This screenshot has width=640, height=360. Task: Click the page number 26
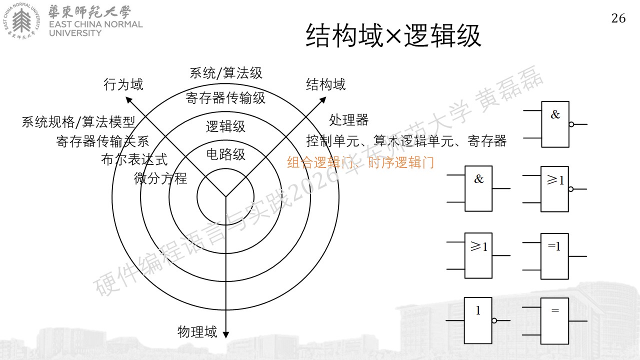pyautogui.click(x=618, y=18)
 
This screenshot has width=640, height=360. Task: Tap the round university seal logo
pyautogui.click(x=21, y=20)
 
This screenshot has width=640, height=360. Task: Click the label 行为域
pyautogui.click(x=123, y=84)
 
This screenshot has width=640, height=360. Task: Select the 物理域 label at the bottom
pyautogui.click(x=197, y=332)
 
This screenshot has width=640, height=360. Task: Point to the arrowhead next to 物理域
pyautogui.click(x=225, y=335)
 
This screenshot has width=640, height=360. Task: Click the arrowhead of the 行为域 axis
pyautogui.click(x=128, y=99)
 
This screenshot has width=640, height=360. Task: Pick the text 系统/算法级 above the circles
pyautogui.click(x=225, y=73)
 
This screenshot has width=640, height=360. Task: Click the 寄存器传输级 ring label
pyautogui.click(x=225, y=98)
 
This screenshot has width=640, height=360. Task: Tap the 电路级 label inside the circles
pyautogui.click(x=225, y=154)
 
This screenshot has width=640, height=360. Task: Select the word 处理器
pyautogui.click(x=349, y=119)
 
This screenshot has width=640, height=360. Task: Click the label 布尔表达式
pyautogui.click(x=134, y=159)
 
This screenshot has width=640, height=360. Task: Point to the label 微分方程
pyautogui.click(x=160, y=178)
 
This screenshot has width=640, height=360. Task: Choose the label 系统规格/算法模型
pyautogui.click(x=78, y=122)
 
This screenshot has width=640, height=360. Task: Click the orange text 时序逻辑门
pyautogui.click(x=401, y=163)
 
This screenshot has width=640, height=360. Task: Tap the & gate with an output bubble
pyautogui.click(x=555, y=124)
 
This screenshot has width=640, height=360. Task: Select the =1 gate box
pyautogui.click(x=554, y=256)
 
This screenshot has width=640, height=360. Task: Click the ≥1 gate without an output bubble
pyautogui.click(x=478, y=255)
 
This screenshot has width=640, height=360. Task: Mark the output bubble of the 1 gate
pyautogui.click(x=494, y=320)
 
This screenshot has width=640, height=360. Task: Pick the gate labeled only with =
pyautogui.click(x=554, y=321)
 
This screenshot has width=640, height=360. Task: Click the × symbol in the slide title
pyautogui.click(x=393, y=36)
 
